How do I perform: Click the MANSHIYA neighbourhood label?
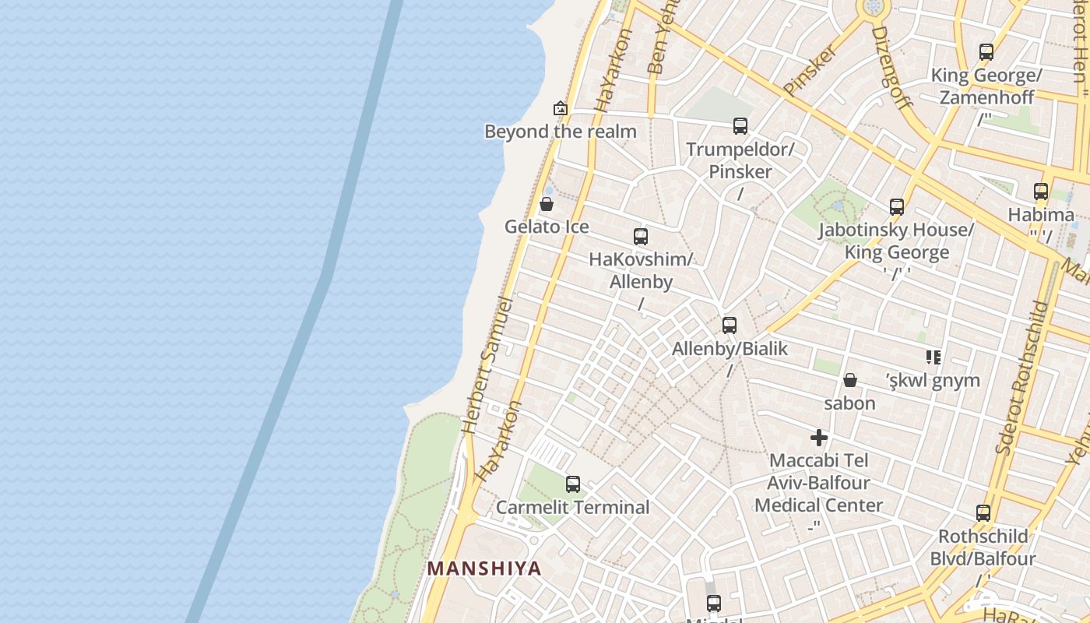(x=483, y=568)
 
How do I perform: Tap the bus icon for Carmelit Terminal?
(x=573, y=484)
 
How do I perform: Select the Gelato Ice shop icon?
(x=547, y=204)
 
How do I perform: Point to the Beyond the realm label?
(x=561, y=132)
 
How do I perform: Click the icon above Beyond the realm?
(x=560, y=108)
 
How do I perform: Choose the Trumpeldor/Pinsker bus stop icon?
(x=740, y=125)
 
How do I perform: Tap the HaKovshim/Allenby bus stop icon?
(x=641, y=237)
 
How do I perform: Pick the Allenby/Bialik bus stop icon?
(x=730, y=326)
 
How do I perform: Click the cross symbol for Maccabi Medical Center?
(x=818, y=438)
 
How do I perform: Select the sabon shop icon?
(x=850, y=380)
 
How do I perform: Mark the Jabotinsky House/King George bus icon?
(x=897, y=207)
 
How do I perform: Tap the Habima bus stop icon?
(x=1041, y=192)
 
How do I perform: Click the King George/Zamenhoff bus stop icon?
(x=986, y=52)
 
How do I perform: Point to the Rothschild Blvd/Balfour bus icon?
(x=983, y=513)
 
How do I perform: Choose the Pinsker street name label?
(x=810, y=70)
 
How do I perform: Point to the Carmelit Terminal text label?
(x=573, y=508)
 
